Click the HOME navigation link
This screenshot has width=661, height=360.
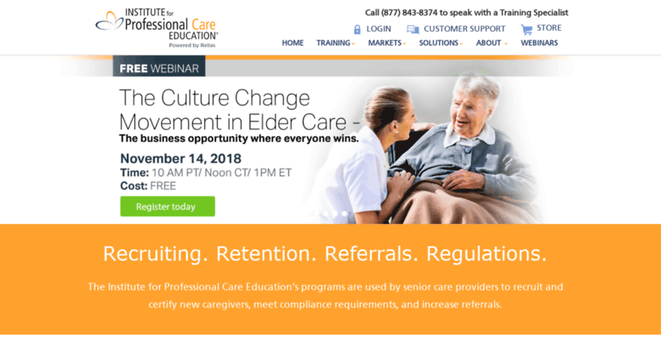pos(293,43)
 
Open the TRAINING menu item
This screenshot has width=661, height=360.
pos(335,43)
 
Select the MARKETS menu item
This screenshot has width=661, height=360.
pos(386,43)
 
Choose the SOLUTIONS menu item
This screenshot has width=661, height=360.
pos(441,43)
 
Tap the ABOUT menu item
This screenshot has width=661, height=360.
pos(492,43)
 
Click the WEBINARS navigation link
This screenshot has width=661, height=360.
pos(539,43)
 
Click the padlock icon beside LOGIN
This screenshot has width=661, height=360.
pos(357,29)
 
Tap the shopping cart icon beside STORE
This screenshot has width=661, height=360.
pos(527,29)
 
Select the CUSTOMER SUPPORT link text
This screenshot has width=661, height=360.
pos(464,29)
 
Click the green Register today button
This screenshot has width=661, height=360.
pos(168,206)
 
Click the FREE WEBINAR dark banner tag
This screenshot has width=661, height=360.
pos(159,66)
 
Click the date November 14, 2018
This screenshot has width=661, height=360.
pos(181,158)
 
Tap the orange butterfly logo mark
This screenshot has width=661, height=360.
pos(109,20)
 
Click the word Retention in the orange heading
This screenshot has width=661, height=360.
pos(266,254)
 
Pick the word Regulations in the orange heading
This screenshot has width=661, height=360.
pos(487,254)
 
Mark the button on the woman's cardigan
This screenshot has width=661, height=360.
pos(467,149)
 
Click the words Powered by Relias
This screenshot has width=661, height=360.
pos(192,45)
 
